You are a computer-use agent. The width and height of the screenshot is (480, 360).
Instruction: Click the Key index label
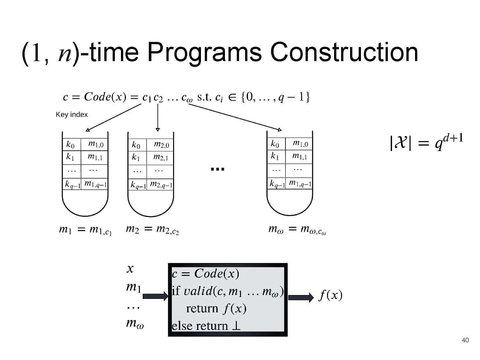pyautogui.click(x=72, y=115)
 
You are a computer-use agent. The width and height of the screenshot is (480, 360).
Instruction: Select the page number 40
pyautogui.click(x=465, y=340)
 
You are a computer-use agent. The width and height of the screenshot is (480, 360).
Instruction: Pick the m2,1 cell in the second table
pyautogui.click(x=161, y=157)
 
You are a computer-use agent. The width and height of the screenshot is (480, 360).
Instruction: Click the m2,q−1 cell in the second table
pyautogui.click(x=161, y=185)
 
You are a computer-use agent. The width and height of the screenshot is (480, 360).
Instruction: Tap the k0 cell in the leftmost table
pyautogui.click(x=70, y=145)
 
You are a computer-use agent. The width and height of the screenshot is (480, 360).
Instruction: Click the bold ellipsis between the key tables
pyautogui.click(x=218, y=169)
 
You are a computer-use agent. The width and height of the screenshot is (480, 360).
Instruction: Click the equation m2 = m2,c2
pyautogui.click(x=152, y=230)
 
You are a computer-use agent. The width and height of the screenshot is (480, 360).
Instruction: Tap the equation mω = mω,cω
pyautogui.click(x=297, y=230)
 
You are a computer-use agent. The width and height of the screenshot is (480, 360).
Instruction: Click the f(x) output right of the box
pyautogui.click(x=331, y=295)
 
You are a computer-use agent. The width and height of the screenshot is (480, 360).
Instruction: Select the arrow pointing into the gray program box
pyautogui.click(x=155, y=296)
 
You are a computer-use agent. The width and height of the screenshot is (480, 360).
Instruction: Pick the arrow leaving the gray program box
pyautogui.click(x=301, y=297)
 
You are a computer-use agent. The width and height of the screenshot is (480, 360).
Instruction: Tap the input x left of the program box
pyautogui.click(x=130, y=268)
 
